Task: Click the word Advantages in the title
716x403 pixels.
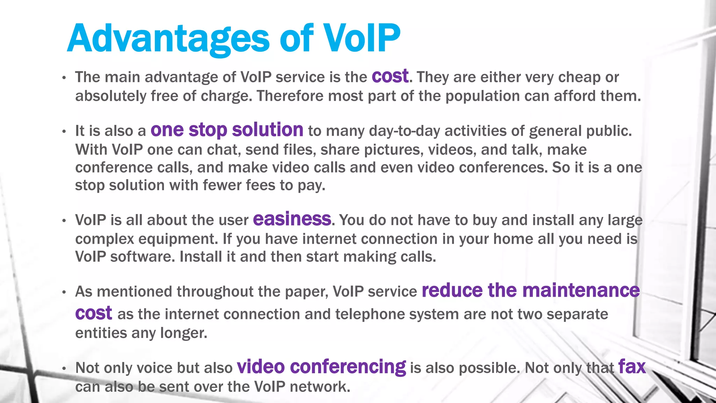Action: point(168,38)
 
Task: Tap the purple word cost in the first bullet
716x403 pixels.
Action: point(390,76)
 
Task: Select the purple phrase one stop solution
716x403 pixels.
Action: point(227,130)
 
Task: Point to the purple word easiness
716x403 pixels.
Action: point(292,219)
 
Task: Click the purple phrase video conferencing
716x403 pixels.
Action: point(321,367)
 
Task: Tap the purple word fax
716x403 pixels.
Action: point(631,367)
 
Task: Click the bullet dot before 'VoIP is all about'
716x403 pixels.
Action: point(64,221)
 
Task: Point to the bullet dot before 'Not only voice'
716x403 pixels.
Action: point(64,368)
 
